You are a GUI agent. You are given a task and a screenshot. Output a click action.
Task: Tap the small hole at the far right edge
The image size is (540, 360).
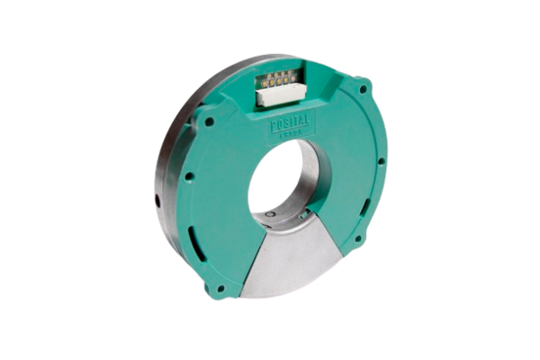click(381, 161)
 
